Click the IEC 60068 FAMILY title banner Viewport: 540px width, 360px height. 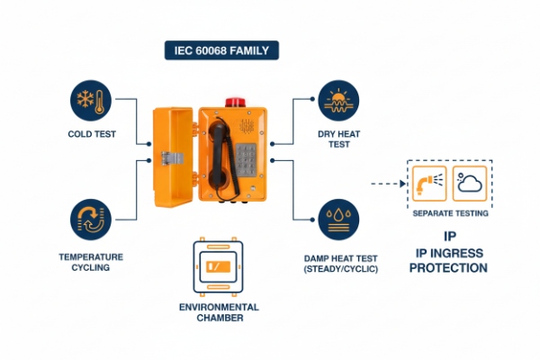221,50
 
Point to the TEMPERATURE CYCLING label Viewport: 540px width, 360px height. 90,262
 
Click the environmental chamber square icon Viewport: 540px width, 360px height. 218,267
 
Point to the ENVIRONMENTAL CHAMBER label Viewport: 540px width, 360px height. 218,312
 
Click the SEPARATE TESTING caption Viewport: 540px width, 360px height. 450,213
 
